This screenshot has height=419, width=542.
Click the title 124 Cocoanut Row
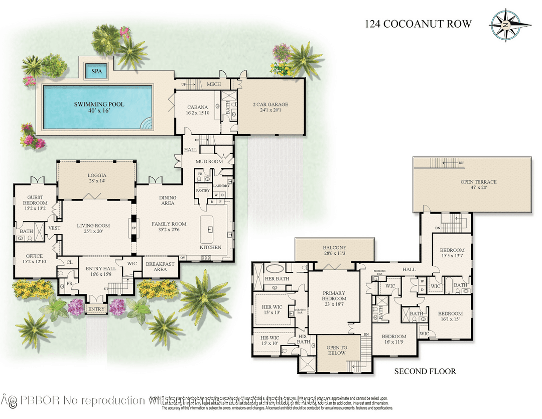pyautogui.click(x=417, y=24)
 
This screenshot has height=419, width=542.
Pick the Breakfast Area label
pyautogui.click(x=160, y=267)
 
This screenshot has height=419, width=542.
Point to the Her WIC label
pyautogui.click(x=271, y=309)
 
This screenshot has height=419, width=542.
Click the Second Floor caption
pyautogui.click(x=425, y=371)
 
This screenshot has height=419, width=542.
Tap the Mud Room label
pyautogui.click(x=209, y=162)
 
